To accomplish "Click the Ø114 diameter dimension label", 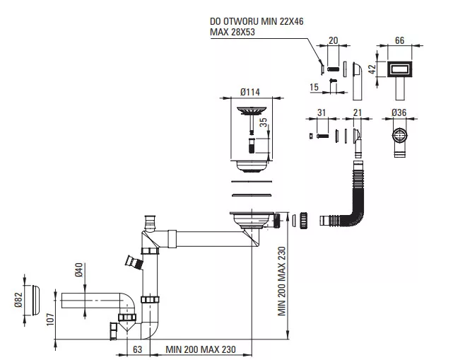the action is pyautogui.click(x=250, y=93).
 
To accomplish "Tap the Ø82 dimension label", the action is pyautogui.click(x=18, y=300).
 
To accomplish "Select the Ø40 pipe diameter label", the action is pyautogui.click(x=78, y=269).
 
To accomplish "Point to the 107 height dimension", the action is pyautogui.click(x=50, y=320).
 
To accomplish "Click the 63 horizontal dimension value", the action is pyautogui.click(x=138, y=349).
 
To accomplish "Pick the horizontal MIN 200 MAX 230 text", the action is pyautogui.click(x=201, y=349).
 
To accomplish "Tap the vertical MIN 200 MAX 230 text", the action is pyautogui.click(x=281, y=281).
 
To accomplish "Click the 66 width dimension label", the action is pyautogui.click(x=399, y=40).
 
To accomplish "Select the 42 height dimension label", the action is pyautogui.click(x=372, y=69).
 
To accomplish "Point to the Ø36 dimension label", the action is pyautogui.click(x=399, y=112).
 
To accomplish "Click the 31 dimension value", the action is pyautogui.click(x=322, y=112).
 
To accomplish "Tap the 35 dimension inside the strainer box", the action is pyautogui.click(x=264, y=122).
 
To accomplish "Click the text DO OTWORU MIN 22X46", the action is pyautogui.click(x=257, y=21).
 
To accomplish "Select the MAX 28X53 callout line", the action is pyautogui.click(x=232, y=32).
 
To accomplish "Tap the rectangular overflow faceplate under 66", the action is pyautogui.click(x=399, y=69).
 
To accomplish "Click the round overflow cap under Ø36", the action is pyautogui.click(x=399, y=136).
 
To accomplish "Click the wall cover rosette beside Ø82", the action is pyautogui.click(x=35, y=300).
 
